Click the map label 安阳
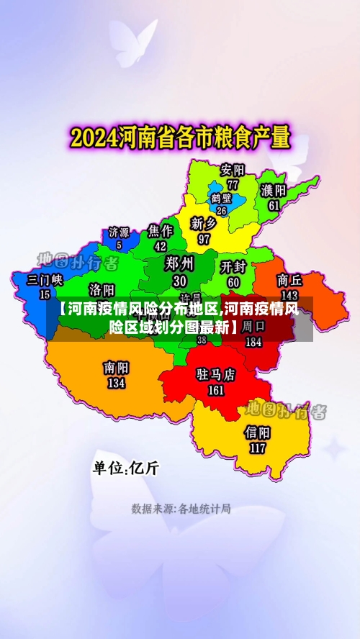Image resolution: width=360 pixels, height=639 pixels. click(x=233, y=170)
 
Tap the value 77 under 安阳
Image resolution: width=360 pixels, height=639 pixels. click(x=233, y=184)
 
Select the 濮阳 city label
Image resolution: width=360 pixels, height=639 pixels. click(x=274, y=190)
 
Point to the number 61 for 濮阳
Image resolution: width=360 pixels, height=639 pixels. click(x=274, y=204)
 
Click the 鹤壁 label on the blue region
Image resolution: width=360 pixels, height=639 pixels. click(x=222, y=198)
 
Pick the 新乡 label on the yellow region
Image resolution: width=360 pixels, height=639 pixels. click(x=204, y=224)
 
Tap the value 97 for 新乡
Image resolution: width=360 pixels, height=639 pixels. click(x=204, y=239)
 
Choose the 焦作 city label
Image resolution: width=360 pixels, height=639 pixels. click(x=161, y=230)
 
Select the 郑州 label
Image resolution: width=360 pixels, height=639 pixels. click(x=180, y=263)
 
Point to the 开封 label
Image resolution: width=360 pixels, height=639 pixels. click(x=234, y=267)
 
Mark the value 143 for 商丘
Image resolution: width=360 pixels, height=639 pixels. click(x=289, y=295)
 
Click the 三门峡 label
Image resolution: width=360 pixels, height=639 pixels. click(x=45, y=279)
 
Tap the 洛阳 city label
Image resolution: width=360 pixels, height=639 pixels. click(x=102, y=289)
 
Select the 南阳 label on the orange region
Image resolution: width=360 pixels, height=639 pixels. click(x=116, y=368)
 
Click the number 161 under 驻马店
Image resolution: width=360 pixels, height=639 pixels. click(x=216, y=391)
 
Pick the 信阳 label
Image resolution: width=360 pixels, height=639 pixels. click(x=258, y=432)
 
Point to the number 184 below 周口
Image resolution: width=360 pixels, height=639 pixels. click(x=253, y=343)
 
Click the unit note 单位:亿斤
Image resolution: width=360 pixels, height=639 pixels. click(x=125, y=468)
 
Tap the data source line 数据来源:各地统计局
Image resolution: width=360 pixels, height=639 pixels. click(x=181, y=509)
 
